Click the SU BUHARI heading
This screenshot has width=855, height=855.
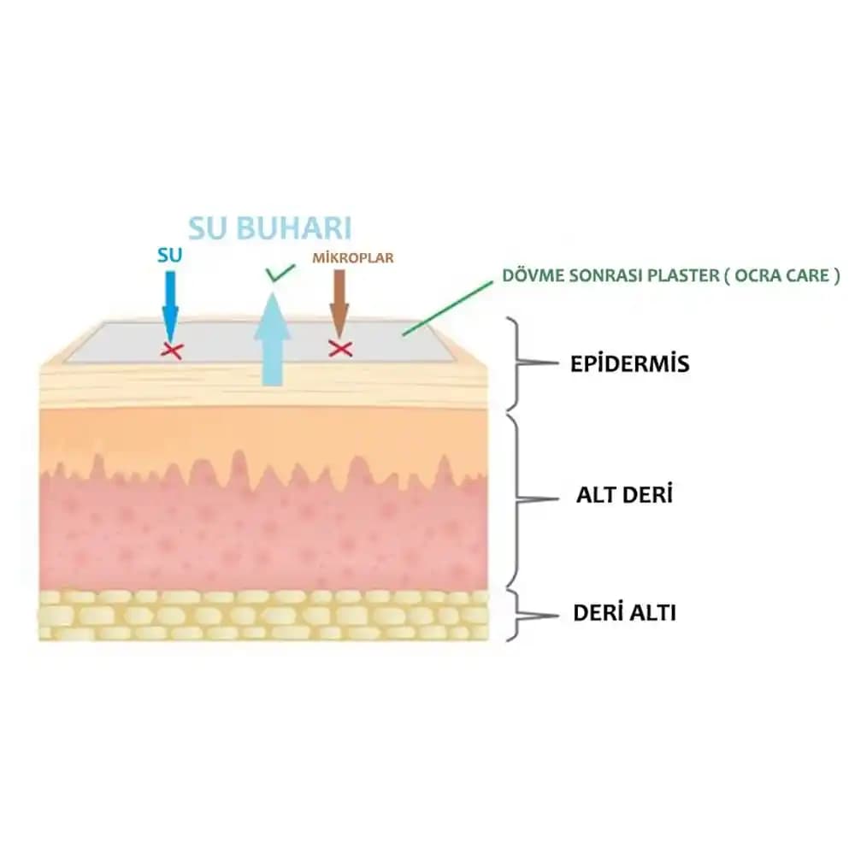click(x=270, y=228)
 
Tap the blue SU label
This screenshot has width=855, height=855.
click(x=169, y=255)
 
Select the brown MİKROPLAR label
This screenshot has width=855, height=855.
click(x=353, y=257)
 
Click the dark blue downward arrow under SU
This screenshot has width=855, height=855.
click(x=170, y=307)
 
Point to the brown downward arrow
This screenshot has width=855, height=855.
click(x=339, y=304)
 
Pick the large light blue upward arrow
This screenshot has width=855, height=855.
click(x=272, y=339)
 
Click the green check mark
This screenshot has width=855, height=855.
click(x=280, y=273)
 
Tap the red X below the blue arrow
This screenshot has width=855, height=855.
click(x=172, y=351)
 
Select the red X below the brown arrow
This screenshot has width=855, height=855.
click(x=340, y=349)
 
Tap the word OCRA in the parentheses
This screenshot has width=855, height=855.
click(x=755, y=275)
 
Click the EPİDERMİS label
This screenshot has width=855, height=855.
click(x=630, y=363)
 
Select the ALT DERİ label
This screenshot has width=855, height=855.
click(x=624, y=495)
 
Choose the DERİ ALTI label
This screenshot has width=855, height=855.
click(x=624, y=613)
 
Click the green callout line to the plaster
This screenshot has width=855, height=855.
click(x=448, y=308)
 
